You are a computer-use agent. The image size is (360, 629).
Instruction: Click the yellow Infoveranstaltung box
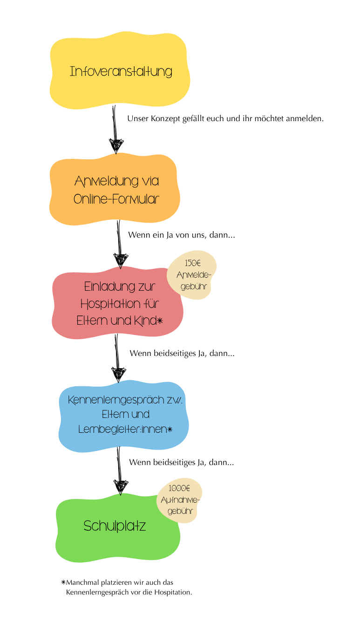[x=120, y=70]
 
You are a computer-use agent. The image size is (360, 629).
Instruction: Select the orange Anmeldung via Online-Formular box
[x=115, y=190]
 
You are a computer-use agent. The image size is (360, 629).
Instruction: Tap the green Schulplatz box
[x=118, y=528]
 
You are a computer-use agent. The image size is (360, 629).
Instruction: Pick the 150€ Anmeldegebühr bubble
[x=192, y=274]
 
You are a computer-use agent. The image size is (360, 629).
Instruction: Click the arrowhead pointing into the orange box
[x=116, y=146]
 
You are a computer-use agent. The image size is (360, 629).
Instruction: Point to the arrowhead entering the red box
[x=121, y=261]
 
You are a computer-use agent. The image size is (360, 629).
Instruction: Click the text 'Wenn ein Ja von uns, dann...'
[x=182, y=235]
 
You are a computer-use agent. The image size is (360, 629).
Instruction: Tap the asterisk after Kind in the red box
[x=160, y=321]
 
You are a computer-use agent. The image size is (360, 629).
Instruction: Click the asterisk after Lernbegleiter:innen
[x=170, y=429]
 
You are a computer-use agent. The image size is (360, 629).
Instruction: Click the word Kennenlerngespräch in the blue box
[x=116, y=400]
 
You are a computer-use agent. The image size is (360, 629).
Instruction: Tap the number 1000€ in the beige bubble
[x=179, y=488]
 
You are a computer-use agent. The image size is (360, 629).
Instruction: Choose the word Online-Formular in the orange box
[x=116, y=199]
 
